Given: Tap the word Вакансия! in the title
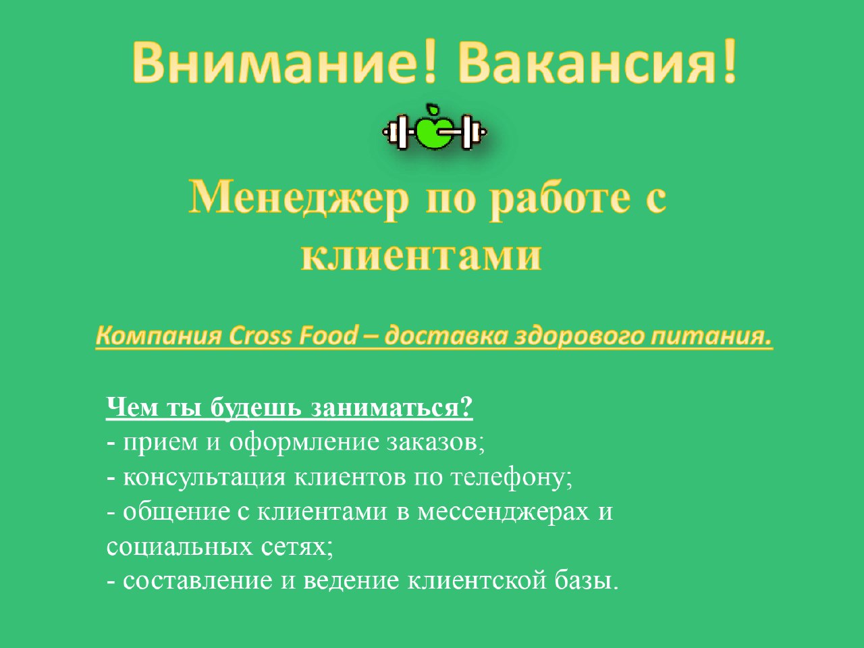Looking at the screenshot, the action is (x=597, y=61).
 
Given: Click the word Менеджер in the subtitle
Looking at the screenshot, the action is (x=299, y=198).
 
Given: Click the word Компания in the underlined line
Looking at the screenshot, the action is (x=158, y=335).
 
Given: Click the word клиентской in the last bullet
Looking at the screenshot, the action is (x=477, y=581).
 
